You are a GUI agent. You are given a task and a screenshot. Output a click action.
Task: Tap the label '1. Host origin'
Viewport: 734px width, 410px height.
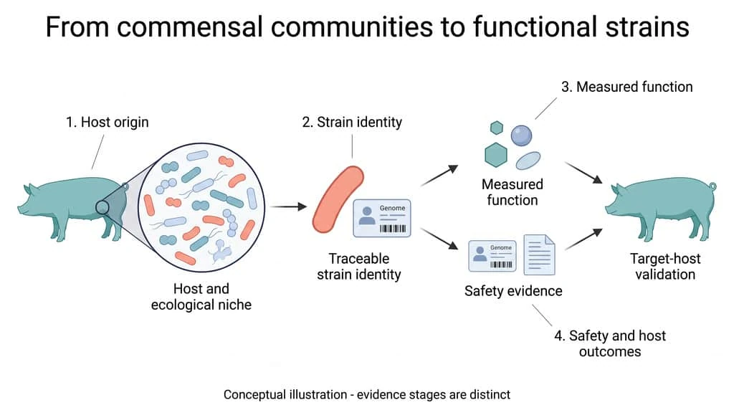108,122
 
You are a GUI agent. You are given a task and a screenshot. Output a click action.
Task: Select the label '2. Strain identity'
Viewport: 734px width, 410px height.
352,122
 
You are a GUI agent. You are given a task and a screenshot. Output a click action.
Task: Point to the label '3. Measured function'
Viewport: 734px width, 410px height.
626,87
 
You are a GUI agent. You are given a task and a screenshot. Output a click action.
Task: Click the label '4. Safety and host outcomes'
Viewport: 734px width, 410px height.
610,343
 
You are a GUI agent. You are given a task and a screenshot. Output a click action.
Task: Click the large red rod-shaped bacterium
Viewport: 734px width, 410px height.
338,199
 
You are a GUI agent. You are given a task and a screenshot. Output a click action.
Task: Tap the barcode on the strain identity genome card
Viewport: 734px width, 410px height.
392,229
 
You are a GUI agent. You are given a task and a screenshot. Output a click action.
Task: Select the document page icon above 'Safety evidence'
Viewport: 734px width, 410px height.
539,254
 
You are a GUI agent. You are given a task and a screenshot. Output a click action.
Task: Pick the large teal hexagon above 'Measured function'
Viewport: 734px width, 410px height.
496,155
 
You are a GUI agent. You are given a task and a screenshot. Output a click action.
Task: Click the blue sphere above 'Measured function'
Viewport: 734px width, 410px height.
521,135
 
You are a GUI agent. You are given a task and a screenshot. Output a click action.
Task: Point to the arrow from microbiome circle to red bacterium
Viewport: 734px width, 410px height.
288,206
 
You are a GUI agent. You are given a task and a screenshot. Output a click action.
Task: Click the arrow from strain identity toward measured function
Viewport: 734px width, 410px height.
439,176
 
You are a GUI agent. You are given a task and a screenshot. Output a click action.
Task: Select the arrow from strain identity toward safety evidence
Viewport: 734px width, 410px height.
439,239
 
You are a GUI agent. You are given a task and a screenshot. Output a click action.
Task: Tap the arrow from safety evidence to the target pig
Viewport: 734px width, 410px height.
583,239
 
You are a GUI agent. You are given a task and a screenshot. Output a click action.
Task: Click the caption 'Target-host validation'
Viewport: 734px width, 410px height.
664,267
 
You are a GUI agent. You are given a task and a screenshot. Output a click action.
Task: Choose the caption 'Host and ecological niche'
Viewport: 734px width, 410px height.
201,297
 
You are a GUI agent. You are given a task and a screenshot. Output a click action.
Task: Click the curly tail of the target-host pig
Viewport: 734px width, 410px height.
712,186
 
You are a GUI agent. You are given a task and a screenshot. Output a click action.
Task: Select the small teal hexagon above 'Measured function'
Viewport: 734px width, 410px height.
496,128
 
